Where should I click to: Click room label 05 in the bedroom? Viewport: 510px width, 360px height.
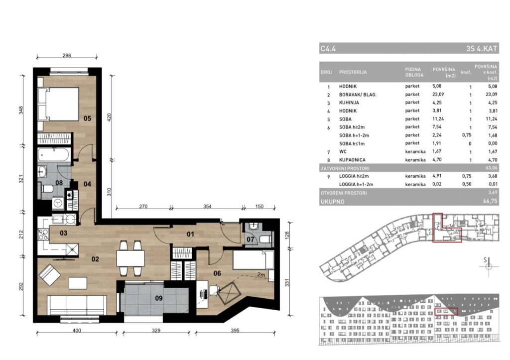pyautogui.click(x=87, y=119)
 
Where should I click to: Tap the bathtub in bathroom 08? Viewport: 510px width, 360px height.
pyautogui.click(x=54, y=155)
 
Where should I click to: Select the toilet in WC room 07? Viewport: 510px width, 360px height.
pyautogui.click(x=265, y=240)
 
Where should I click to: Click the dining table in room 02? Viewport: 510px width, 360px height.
pyautogui.click(x=130, y=258)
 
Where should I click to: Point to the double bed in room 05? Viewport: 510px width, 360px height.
pyautogui.click(x=59, y=104)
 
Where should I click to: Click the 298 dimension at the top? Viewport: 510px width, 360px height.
pyautogui.click(x=67, y=56)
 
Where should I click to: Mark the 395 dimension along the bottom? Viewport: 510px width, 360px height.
pyautogui.click(x=235, y=331)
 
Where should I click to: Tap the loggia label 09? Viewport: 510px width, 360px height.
pyautogui.click(x=159, y=298)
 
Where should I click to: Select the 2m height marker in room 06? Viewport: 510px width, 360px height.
pyautogui.click(x=261, y=275)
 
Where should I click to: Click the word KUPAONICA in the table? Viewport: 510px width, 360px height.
pyautogui.click(x=352, y=160)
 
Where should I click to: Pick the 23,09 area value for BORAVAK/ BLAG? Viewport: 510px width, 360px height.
pyautogui.click(x=438, y=94)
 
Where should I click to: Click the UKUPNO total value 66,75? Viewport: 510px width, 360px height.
pyautogui.click(x=490, y=201)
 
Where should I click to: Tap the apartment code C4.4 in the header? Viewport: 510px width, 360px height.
pyautogui.click(x=328, y=49)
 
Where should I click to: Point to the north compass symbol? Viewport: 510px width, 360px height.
pyautogui.click(x=489, y=266)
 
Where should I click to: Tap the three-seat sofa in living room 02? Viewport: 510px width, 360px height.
pyautogui.click(x=77, y=305)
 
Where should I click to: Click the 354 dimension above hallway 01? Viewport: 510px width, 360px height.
pyautogui.click(x=207, y=207)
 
